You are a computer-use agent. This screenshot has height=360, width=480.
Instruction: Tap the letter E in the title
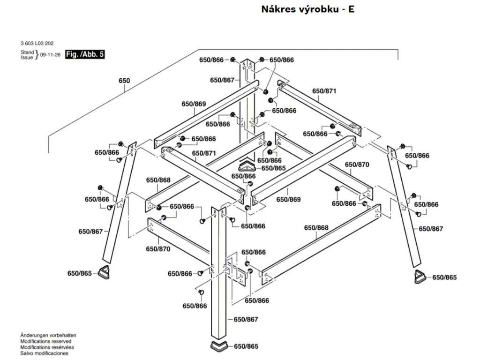click(x=351, y=9)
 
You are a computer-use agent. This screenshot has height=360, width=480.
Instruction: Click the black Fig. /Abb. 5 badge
click(x=85, y=54)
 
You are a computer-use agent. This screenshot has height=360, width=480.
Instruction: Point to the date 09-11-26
click(x=51, y=54)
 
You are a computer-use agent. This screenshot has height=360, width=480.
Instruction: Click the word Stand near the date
click(x=27, y=52)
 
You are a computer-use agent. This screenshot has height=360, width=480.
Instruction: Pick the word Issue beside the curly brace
click(x=27, y=57)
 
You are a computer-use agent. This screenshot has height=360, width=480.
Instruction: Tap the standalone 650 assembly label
click(x=124, y=81)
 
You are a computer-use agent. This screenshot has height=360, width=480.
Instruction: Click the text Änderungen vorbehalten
click(x=48, y=336)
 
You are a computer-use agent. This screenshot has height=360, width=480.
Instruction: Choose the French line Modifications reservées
click(x=47, y=347)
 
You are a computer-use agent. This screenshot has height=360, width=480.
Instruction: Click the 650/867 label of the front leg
click(x=246, y=320)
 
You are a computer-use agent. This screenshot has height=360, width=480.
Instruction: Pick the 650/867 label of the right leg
click(x=430, y=229)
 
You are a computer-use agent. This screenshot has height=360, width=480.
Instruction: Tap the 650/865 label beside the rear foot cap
click(x=273, y=168)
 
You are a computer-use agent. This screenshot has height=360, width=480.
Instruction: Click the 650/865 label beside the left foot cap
click(x=80, y=273)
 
